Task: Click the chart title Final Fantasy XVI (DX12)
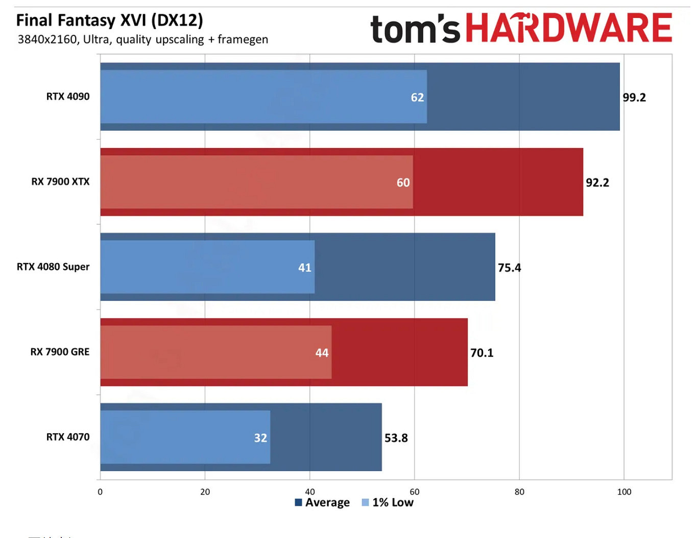[x=109, y=20]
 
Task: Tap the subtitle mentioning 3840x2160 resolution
[x=142, y=39]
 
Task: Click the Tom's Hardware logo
[x=521, y=29]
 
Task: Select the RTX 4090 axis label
[x=68, y=97]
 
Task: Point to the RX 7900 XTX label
[x=60, y=182]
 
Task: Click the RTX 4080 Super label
[x=53, y=267]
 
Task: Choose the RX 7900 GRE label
[x=60, y=352]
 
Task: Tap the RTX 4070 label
[x=68, y=437]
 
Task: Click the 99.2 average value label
[x=634, y=98]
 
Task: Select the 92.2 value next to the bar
[x=597, y=183]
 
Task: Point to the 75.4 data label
[x=510, y=268]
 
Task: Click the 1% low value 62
[x=417, y=98]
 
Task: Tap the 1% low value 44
[x=322, y=353]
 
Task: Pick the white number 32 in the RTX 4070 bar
[x=260, y=438]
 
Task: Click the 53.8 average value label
[x=396, y=438]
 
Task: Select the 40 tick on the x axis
[x=309, y=492]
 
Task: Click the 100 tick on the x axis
[x=624, y=492]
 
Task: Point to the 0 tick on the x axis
[x=100, y=492]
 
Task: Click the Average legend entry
[x=322, y=503]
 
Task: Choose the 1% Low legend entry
[x=388, y=503]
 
